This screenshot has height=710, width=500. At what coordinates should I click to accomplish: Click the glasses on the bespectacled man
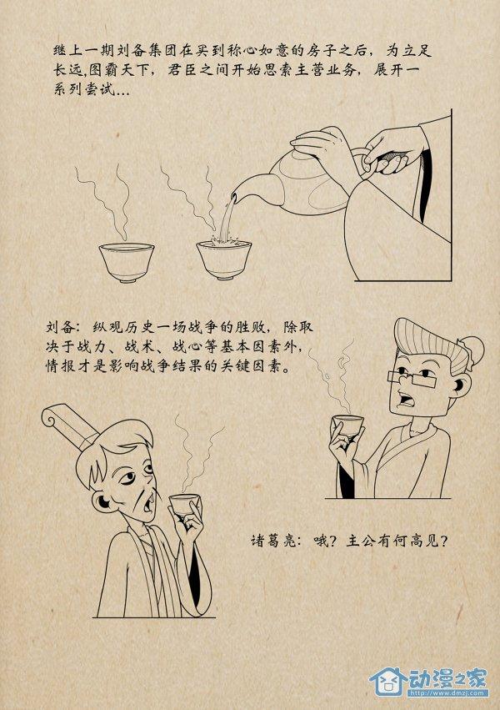tap(412, 378)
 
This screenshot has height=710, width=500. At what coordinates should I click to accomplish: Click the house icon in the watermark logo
tap(387, 681)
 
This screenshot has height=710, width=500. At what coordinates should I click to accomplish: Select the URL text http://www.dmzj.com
tap(448, 692)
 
